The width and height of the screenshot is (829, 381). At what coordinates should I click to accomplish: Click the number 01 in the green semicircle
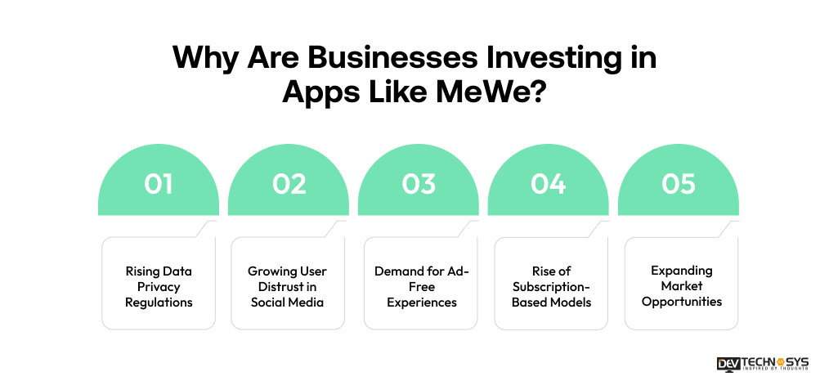point(159,185)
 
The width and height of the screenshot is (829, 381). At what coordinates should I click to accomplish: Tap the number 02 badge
point(289,185)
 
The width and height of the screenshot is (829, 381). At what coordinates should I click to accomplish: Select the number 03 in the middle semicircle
point(419,185)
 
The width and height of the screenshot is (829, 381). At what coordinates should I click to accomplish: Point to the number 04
point(549,185)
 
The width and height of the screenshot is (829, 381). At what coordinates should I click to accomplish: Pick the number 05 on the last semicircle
point(679,185)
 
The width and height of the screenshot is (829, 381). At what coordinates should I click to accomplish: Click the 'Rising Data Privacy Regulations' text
point(159,287)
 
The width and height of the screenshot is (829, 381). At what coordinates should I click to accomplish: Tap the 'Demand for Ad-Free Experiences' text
point(419,287)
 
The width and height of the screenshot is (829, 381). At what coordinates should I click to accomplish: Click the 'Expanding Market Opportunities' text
point(682,285)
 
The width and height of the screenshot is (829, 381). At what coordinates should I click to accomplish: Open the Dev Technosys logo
point(762,363)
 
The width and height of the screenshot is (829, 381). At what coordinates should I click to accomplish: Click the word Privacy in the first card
point(159,287)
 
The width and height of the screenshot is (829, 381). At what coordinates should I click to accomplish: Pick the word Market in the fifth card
point(682,285)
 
